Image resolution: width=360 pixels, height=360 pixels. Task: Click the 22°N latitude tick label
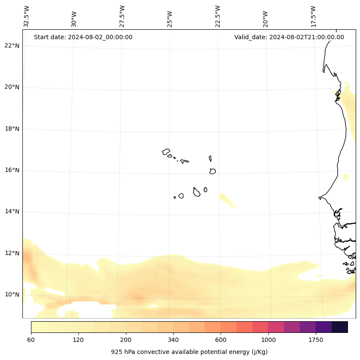tap(12, 46)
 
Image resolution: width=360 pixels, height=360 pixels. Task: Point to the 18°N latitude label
tap(12, 129)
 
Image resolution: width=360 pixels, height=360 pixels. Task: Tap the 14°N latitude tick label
tap(12, 211)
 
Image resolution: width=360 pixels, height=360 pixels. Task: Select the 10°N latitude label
tap(12, 295)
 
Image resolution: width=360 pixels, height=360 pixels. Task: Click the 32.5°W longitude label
tap(27, 16)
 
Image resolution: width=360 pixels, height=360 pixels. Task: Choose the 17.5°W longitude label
tap(313, 16)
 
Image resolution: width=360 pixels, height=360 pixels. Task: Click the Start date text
tap(83, 37)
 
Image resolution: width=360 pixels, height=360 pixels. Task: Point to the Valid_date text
tap(289, 37)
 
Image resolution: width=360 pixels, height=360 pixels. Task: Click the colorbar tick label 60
tap(31, 340)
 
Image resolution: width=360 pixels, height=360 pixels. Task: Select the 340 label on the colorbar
tap(173, 340)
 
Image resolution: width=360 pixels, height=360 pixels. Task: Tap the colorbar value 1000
tap(268, 340)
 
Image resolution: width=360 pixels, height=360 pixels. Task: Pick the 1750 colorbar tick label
tap(316, 340)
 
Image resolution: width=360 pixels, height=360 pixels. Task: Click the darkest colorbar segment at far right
tap(340, 327)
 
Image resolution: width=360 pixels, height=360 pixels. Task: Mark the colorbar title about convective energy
tap(189, 352)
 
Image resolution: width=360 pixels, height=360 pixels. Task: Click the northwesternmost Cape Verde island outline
tap(166, 152)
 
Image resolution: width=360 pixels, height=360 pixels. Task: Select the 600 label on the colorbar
tap(221, 340)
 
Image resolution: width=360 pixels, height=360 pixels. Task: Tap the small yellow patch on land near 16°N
tap(346, 177)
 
